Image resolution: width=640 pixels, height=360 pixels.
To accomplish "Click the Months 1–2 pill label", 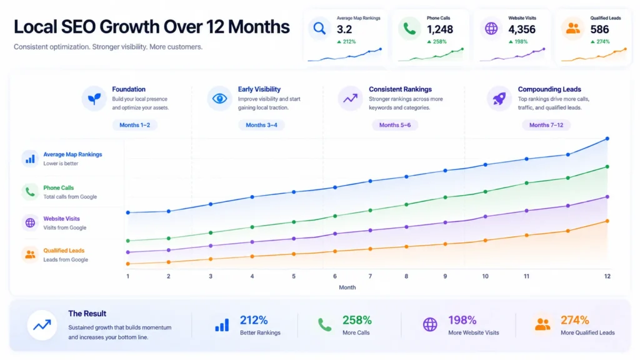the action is point(135,125).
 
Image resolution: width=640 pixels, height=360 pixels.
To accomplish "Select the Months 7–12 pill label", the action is point(546,125).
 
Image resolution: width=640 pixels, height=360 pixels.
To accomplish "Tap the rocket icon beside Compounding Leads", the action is point(499,98).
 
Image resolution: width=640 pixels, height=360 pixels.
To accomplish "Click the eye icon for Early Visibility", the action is point(219,98).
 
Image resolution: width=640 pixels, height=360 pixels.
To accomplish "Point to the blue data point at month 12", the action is point(607,139).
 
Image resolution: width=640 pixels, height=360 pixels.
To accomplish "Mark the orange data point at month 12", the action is point(607,221).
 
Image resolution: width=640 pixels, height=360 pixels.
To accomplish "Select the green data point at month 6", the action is point(335,216).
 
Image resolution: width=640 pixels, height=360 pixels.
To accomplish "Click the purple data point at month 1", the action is point(128,252).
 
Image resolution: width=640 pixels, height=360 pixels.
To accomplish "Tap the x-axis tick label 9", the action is point(445,276).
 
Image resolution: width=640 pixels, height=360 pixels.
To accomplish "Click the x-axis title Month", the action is point(347,287).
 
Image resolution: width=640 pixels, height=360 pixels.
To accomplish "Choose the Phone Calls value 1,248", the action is point(440,29).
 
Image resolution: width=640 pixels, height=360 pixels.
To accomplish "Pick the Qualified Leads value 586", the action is point(599,29).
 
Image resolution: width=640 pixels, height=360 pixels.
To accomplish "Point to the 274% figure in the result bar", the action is point(575,320).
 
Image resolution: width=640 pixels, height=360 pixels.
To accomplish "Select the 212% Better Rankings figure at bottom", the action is point(254,320).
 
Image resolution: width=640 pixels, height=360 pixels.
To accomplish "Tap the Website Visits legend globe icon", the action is point(30,223).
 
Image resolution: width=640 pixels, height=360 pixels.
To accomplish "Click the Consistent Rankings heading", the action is point(401,89).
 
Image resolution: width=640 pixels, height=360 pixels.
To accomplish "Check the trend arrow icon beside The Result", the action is point(42,325).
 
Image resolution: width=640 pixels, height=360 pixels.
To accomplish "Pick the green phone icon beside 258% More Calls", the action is point(324,325).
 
